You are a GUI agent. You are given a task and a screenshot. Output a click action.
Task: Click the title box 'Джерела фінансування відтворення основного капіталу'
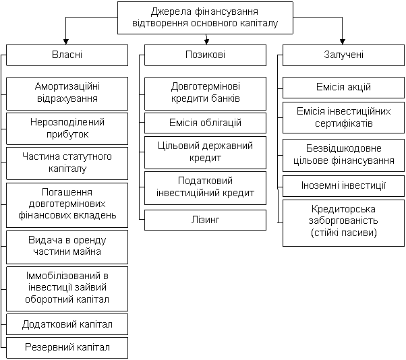[205, 18]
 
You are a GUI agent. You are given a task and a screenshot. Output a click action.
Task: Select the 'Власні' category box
[67, 55]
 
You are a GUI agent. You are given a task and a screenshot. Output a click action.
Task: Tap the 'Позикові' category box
[205, 55]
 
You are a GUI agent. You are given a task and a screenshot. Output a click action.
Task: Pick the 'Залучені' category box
[343, 55]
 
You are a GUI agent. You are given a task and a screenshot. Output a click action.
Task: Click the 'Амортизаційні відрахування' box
[67, 94]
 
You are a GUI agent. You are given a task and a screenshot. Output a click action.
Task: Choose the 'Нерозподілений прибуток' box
[67, 129]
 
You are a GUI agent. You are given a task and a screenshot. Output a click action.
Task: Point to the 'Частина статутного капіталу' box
[67, 163]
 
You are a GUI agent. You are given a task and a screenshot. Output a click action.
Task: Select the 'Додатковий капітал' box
[67, 324]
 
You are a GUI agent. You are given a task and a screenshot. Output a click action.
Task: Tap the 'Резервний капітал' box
[67, 348]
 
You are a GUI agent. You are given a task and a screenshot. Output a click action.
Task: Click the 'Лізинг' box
[205, 220]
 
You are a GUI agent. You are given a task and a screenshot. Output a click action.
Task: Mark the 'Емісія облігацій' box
[205, 123]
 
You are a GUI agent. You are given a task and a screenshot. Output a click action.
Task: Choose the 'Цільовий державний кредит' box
[205, 152]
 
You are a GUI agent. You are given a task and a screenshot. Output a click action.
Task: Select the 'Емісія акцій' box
[343, 88]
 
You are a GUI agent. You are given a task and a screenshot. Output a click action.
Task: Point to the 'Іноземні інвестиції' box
[343, 186]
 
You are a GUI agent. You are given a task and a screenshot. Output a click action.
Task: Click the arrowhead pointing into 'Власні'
[66, 42]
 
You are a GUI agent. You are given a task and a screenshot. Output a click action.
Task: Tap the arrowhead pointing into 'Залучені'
[343, 42]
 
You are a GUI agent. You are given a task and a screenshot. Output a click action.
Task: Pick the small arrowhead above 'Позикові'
[206, 41]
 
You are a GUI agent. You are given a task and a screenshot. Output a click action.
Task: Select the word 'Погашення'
[67, 192]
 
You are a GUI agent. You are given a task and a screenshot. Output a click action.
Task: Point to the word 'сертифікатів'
[343, 123]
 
